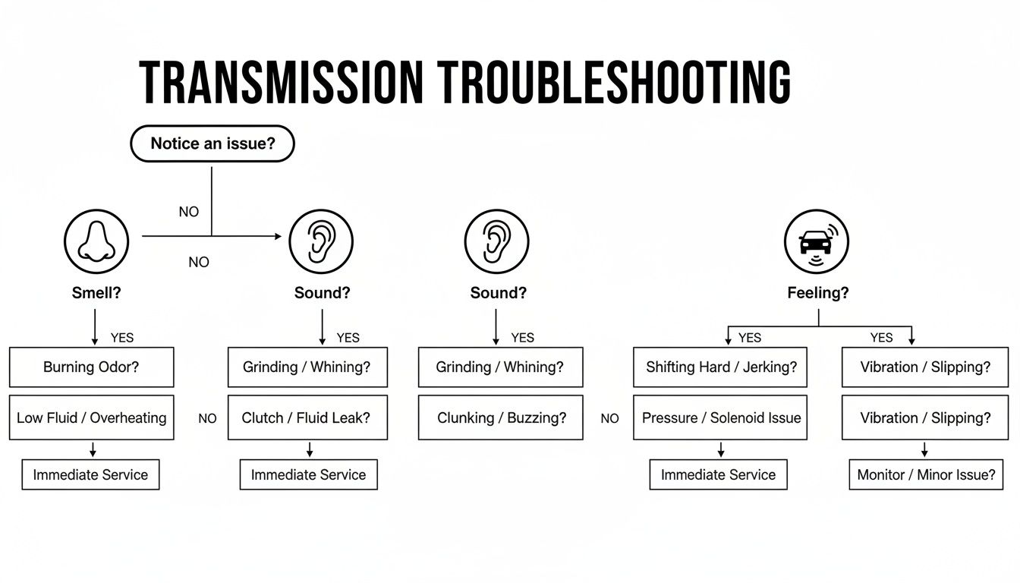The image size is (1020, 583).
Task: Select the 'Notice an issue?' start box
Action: click(x=212, y=143)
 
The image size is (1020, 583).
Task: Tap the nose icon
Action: click(x=96, y=241)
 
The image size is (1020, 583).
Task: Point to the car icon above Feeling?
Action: click(x=816, y=241)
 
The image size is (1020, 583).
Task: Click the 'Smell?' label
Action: click(x=96, y=293)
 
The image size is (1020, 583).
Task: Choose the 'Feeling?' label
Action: click(x=818, y=293)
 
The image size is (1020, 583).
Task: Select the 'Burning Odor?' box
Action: click(x=91, y=367)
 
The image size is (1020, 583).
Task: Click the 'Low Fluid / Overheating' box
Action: click(x=91, y=418)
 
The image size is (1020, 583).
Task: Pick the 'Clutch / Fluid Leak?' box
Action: click(x=307, y=418)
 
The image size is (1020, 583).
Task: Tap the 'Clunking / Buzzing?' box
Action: click(x=501, y=418)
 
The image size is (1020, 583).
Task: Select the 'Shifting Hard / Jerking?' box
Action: click(x=721, y=367)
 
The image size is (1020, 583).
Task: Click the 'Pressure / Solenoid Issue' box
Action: click(x=721, y=418)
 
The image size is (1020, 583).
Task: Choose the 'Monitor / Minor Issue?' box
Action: click(x=926, y=475)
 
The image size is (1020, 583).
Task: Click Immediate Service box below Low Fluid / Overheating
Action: click(x=90, y=475)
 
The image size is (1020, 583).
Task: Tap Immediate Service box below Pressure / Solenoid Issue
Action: click(x=718, y=475)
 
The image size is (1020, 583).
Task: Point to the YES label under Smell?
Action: click(x=122, y=338)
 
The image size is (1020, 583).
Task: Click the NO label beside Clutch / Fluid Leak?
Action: click(x=207, y=418)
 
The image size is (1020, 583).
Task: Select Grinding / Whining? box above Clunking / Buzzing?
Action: click(x=500, y=367)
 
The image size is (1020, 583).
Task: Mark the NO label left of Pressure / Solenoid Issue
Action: click(x=609, y=418)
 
